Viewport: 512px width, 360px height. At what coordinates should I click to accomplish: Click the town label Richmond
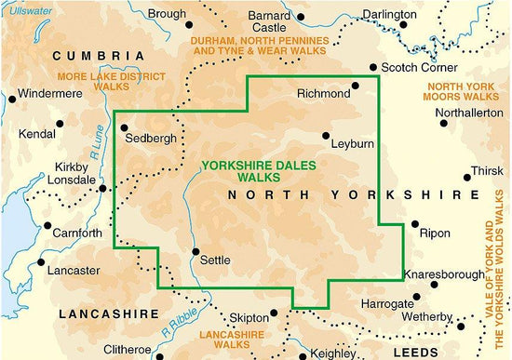pos(323,94)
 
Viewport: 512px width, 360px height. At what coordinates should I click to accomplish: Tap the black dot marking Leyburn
pos(325,136)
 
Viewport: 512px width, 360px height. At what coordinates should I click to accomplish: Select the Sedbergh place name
pos(152,139)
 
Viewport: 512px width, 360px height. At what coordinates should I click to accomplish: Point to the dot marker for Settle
pos(195,251)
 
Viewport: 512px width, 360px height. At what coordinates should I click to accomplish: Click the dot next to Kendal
pos(59,123)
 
